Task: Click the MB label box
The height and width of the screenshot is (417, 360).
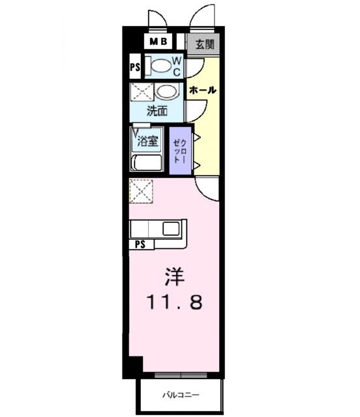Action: pyautogui.click(x=158, y=42)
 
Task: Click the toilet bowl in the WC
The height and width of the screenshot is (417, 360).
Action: pyautogui.click(x=158, y=65)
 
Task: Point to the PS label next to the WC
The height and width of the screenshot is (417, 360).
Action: pyautogui.click(x=135, y=66)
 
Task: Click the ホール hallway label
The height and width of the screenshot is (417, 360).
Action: pyautogui.click(x=203, y=90)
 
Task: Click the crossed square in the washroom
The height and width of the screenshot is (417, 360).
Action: pyautogui.click(x=140, y=92)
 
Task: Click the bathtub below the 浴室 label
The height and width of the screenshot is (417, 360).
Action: pyautogui.click(x=147, y=162)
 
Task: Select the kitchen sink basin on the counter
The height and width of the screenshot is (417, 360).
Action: pyautogui.click(x=172, y=229)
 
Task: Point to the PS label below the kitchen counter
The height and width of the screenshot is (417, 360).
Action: pyautogui.click(x=140, y=244)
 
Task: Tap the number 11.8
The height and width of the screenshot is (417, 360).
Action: pyautogui.click(x=173, y=302)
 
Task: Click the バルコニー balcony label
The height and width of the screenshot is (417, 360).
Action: pyautogui.click(x=180, y=395)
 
